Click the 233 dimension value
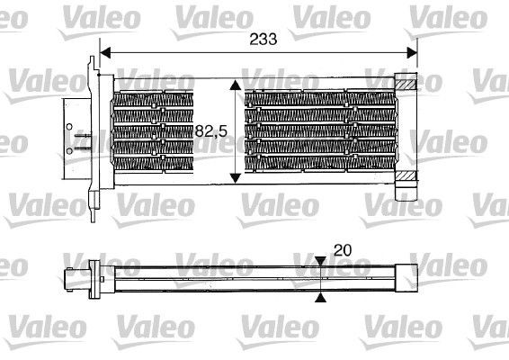click(x=258, y=40)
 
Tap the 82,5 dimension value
click(x=210, y=130)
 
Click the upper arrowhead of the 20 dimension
click(x=321, y=261)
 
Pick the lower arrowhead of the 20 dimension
click(x=321, y=296)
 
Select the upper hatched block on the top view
click(x=407, y=85)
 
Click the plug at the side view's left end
click(x=76, y=278)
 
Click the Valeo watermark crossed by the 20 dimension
click(x=321, y=267)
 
